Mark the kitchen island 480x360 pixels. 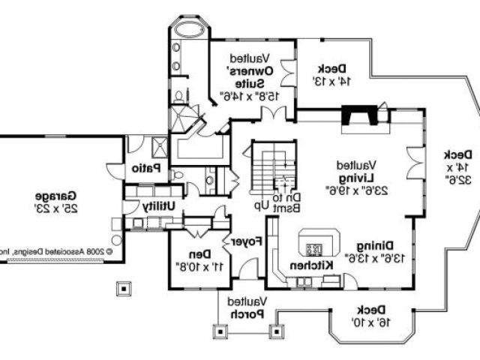tap(314, 243)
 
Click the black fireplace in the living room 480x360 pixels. tap(358, 115)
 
